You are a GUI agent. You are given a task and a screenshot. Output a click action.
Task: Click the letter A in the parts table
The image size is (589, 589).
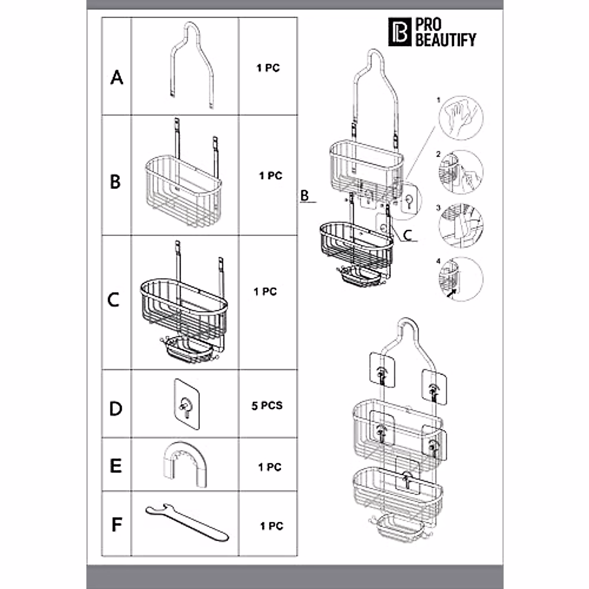click(116, 77)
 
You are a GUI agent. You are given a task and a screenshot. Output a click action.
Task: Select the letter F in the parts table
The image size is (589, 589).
click(116, 524)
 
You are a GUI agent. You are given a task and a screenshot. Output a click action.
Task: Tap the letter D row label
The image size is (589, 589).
click(116, 408)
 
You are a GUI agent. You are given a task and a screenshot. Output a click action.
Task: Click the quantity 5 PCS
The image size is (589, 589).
click(267, 406)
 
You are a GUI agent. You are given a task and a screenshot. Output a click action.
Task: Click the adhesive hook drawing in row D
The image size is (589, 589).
click(186, 404)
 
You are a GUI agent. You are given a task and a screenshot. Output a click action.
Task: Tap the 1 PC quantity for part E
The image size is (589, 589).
click(270, 467)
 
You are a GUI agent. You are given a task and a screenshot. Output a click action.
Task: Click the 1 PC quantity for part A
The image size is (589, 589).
click(268, 68)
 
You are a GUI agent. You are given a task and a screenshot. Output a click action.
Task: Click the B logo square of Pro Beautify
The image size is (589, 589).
click(400, 32)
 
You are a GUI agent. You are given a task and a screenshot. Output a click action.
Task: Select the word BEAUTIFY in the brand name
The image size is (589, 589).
click(446, 40)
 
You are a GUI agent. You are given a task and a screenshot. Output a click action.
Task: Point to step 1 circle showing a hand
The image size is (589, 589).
click(460, 118)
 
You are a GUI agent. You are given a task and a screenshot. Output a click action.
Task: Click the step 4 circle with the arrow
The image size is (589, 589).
click(460, 279)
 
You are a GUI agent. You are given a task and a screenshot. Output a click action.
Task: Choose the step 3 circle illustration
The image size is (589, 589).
click(460, 225)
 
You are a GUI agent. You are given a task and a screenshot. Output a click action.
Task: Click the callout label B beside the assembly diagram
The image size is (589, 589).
click(305, 195)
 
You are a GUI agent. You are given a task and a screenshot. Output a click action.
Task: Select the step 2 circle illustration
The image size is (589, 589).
click(460, 172)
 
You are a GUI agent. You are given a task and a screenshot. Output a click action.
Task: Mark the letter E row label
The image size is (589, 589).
click(116, 465)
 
